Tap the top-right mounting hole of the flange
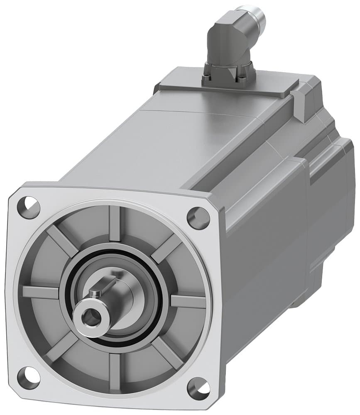[198, 217]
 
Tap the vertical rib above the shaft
[115, 224]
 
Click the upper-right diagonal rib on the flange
[166, 248]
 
